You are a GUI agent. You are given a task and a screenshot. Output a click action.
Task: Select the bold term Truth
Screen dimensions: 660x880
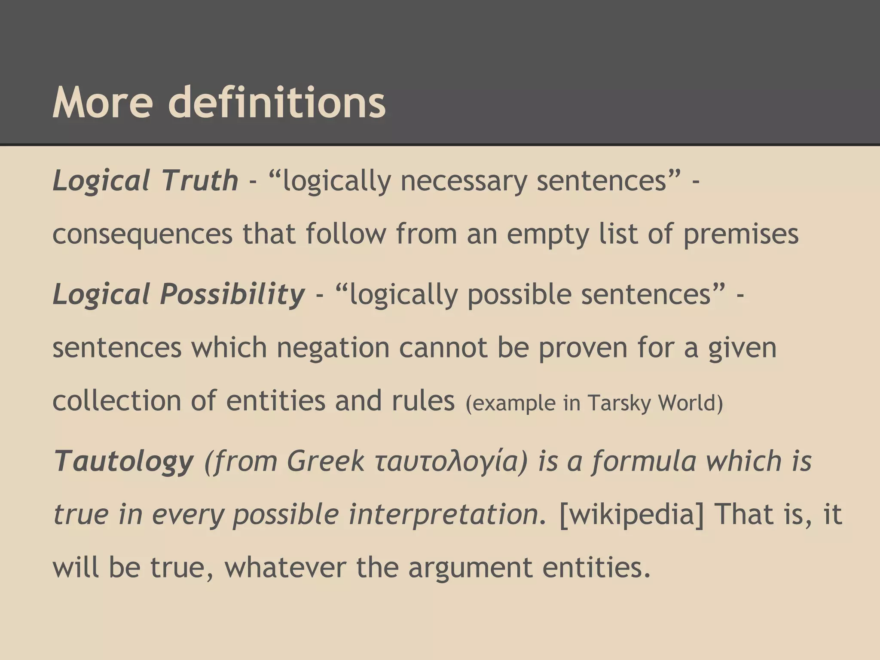pos(199,180)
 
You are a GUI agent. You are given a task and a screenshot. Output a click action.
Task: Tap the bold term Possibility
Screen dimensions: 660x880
pos(232,295)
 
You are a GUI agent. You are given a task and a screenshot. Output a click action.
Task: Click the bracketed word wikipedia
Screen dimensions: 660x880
pos(632,514)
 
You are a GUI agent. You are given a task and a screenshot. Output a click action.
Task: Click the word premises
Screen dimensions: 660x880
pos(741,235)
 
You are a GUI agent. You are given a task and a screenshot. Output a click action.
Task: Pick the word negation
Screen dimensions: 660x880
pos(333,348)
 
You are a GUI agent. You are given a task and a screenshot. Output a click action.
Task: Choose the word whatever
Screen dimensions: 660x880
pos(285,567)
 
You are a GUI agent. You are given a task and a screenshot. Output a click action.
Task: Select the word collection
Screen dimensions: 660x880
pos(116,400)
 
